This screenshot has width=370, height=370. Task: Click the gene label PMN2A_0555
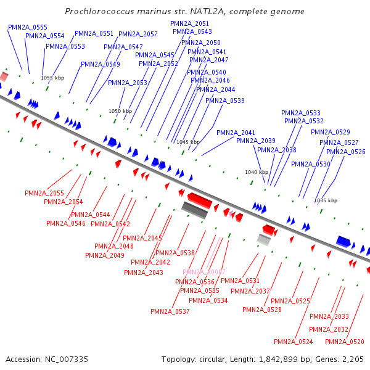pos(28,27)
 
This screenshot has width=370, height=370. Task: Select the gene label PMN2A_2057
pos(138,34)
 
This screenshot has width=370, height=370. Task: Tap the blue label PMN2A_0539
pos(224,101)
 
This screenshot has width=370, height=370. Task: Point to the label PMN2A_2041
pos(236,133)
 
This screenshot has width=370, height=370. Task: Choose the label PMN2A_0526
pos(345,152)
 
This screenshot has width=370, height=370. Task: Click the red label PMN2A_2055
pos(44,193)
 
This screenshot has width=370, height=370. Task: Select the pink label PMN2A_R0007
pos(204,272)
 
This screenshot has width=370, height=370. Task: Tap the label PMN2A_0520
pos(345,342)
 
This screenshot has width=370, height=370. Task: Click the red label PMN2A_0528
pos(262,310)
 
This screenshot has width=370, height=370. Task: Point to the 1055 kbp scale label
pos(52,78)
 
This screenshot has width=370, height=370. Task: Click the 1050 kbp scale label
pos(120,111)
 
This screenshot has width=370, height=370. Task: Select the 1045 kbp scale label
pos(188,142)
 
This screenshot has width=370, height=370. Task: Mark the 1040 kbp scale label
pos(257,172)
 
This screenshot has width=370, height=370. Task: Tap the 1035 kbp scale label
pos(326,200)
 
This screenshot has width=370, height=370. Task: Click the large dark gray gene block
pos(195,210)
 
